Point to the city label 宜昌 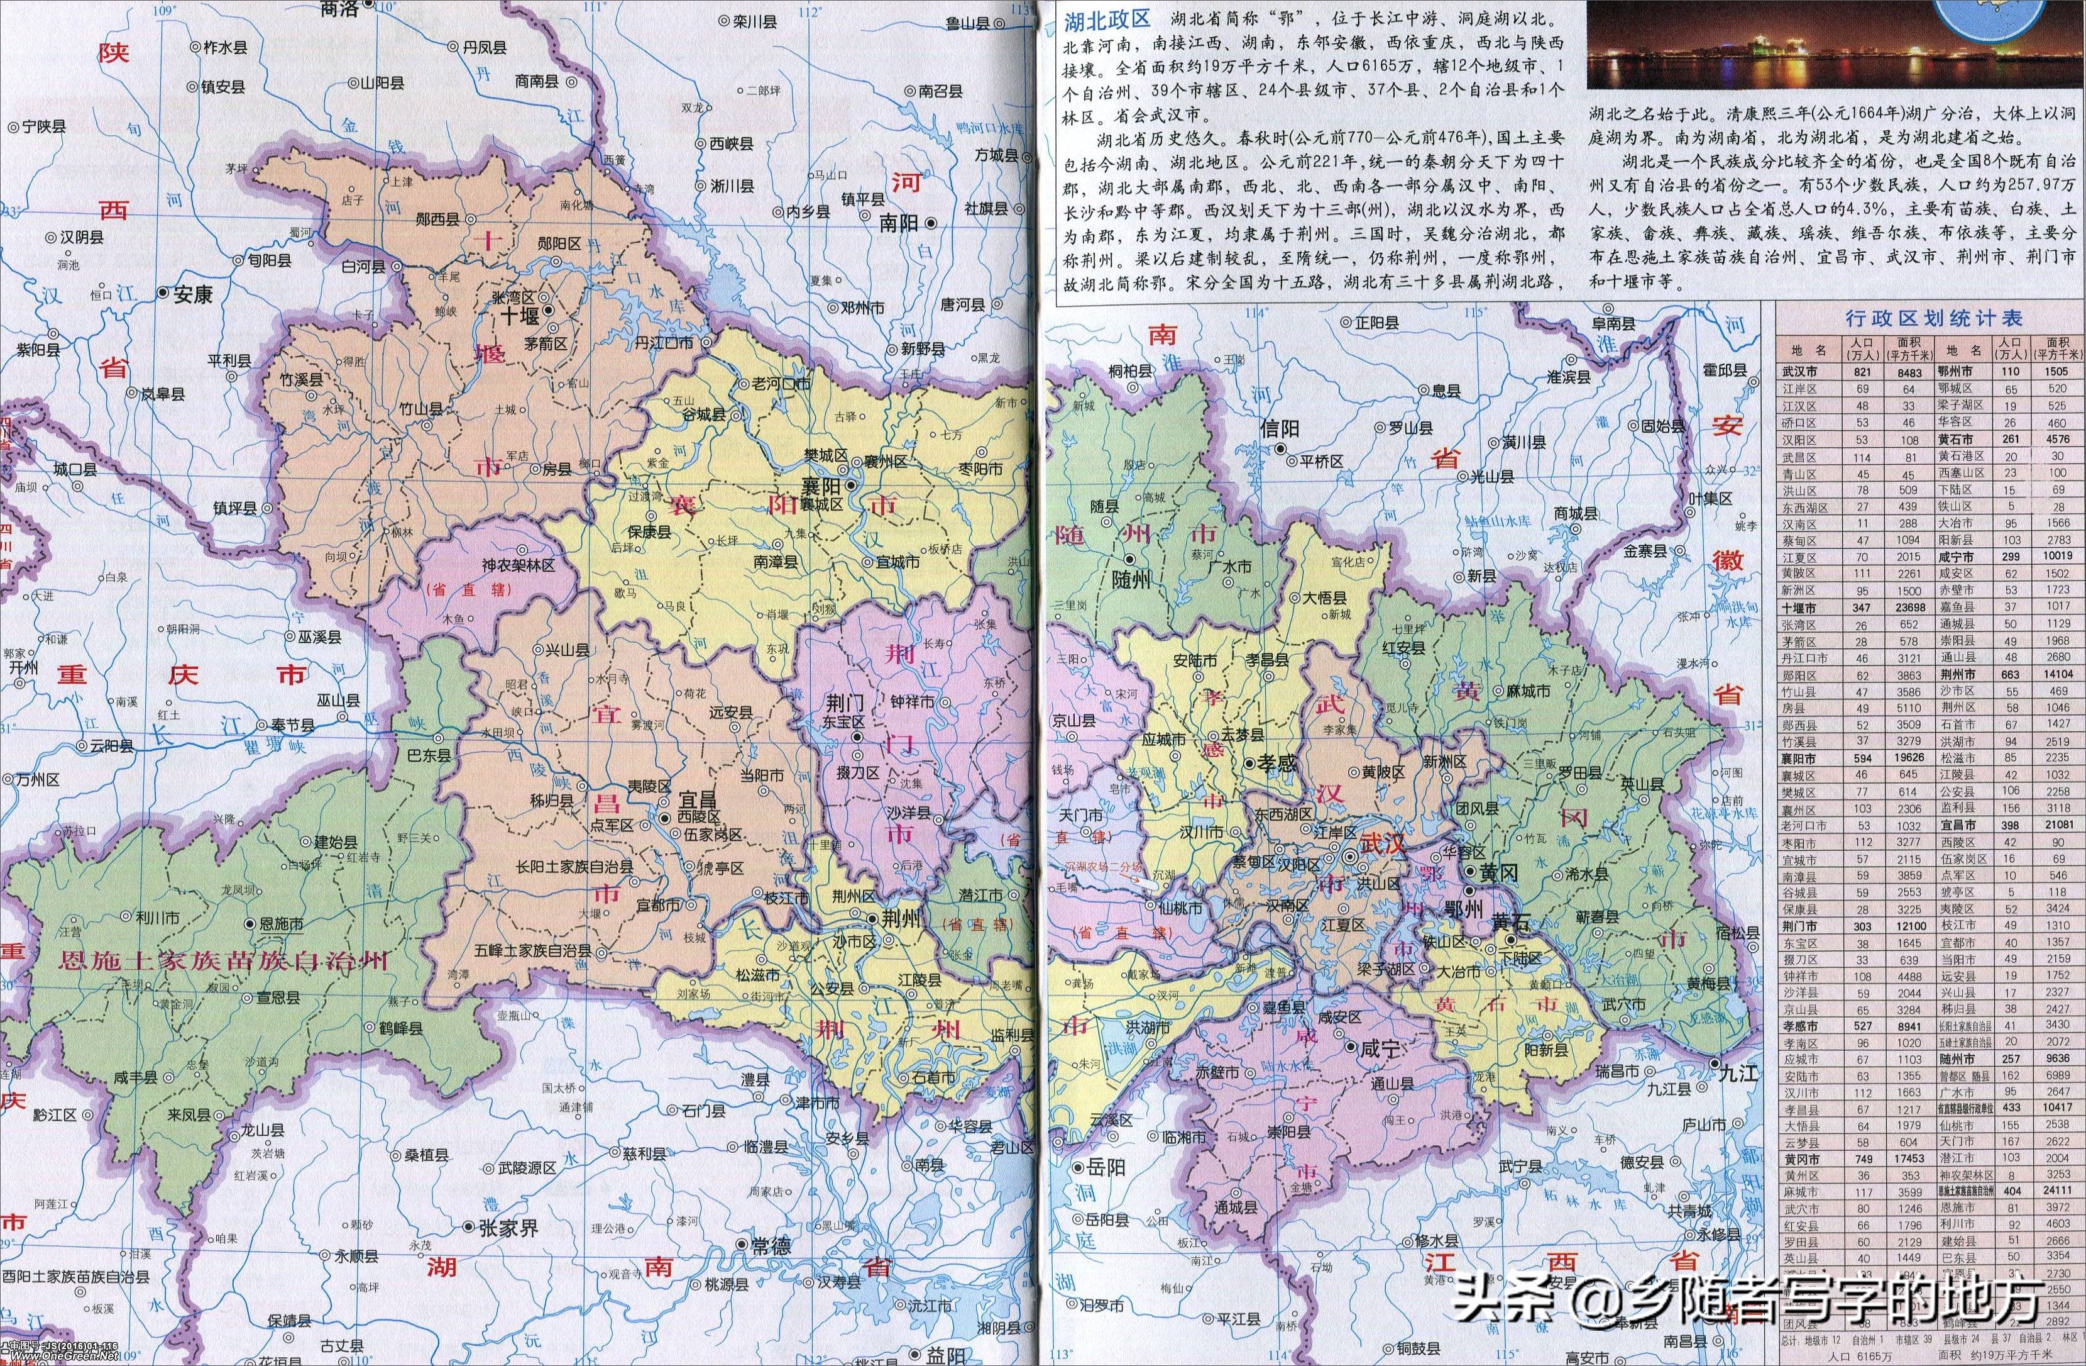point(698,801)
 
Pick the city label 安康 point(193,294)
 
